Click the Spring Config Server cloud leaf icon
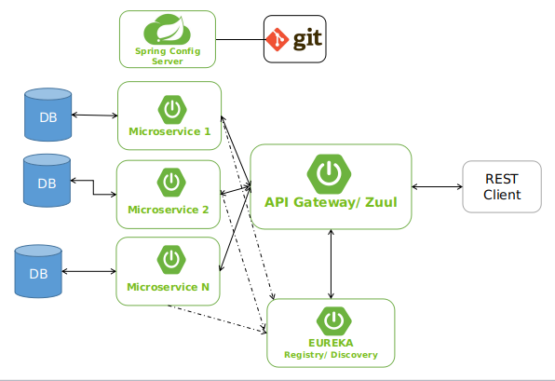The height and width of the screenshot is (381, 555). pos(168,32)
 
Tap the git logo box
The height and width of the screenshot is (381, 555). pos(294,39)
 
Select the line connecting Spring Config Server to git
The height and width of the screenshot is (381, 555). pos(239,39)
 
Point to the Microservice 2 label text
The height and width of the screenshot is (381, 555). pos(169,210)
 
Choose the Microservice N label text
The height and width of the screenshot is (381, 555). pos(169,287)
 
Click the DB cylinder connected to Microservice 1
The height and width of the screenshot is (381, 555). pos(47,116)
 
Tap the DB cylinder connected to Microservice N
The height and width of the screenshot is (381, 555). pos(38,272)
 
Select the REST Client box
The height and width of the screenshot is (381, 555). pos(501,187)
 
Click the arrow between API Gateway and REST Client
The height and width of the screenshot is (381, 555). pos(437,187)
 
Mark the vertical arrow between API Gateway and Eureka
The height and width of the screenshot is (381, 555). pos(331,264)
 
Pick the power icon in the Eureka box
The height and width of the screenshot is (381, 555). pos(332,321)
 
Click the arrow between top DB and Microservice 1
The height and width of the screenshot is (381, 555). pos(94,116)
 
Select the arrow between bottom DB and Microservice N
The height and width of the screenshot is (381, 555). pos(88,272)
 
